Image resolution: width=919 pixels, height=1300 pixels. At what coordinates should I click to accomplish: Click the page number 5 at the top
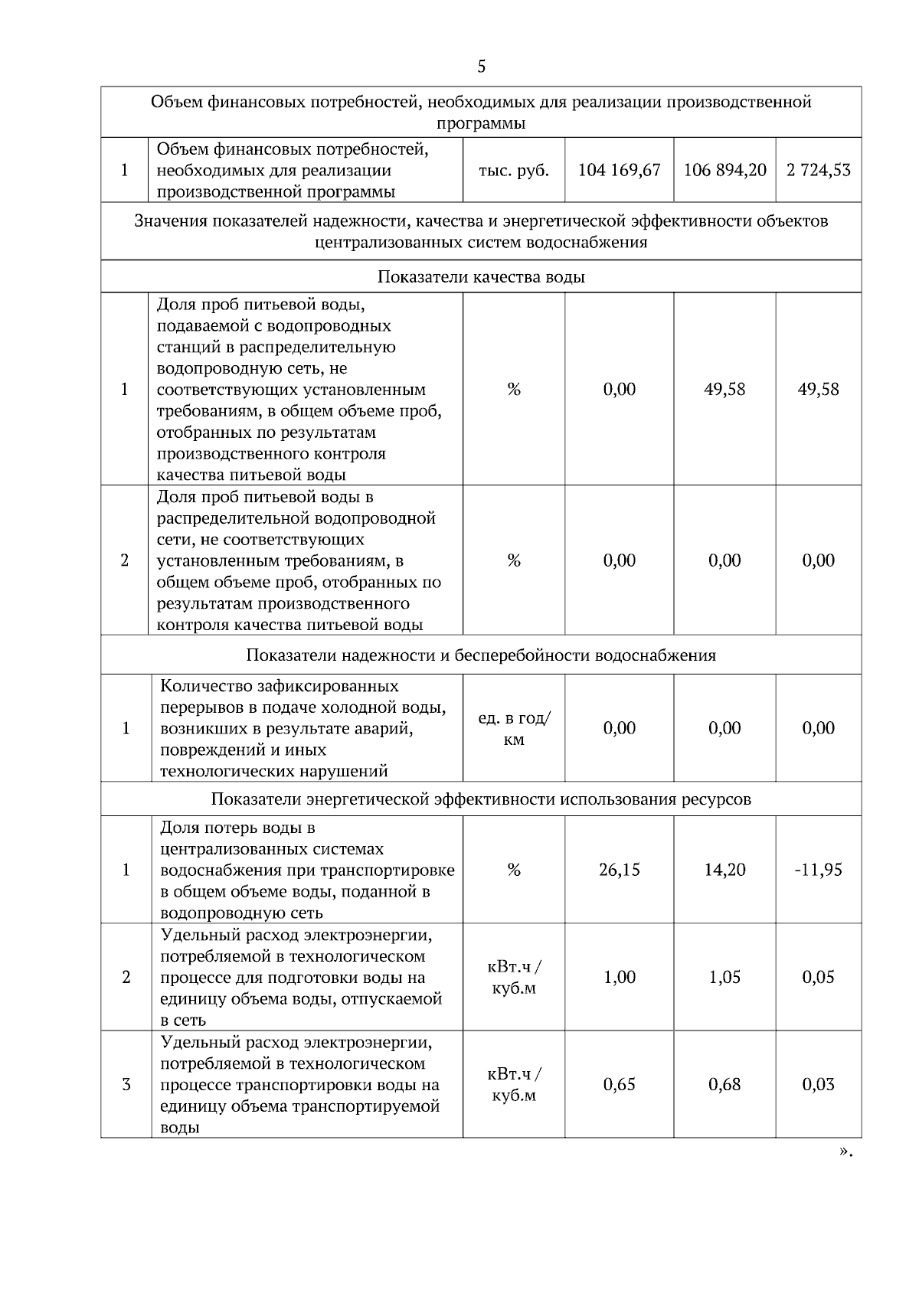point(481,67)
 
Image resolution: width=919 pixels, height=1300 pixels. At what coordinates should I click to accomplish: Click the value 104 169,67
point(619,170)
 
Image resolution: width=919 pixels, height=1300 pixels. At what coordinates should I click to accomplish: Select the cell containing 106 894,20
point(724,170)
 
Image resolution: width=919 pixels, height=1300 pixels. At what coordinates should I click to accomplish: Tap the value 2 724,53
point(818,170)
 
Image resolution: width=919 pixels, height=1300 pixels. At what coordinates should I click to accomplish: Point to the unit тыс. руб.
point(514,170)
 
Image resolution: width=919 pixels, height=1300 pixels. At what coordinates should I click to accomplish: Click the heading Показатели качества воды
point(481,277)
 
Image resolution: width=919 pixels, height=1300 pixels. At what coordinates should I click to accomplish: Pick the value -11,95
point(818,870)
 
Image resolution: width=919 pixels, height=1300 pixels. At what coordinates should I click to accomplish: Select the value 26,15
point(619,870)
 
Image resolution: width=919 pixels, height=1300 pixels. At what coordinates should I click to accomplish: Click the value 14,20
point(724,870)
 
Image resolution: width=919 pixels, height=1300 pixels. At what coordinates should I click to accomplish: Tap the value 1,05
point(724,977)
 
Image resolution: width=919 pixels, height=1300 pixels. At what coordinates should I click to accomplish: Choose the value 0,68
point(724,1084)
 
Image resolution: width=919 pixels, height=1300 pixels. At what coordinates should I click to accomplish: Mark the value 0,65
point(619,1084)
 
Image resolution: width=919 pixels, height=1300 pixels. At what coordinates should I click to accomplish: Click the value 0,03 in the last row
point(818,1084)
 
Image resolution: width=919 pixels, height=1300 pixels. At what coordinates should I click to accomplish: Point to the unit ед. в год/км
point(514,729)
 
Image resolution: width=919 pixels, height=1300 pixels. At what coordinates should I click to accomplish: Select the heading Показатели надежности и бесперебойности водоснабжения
point(481,655)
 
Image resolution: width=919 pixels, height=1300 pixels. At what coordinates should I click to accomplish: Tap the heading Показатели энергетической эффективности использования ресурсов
point(481,799)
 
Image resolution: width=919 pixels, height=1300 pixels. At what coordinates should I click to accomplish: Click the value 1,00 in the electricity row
point(619,977)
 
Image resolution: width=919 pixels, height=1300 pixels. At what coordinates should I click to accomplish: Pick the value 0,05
point(818,977)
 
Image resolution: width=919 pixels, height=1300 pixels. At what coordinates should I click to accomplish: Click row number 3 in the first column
point(126,1084)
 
